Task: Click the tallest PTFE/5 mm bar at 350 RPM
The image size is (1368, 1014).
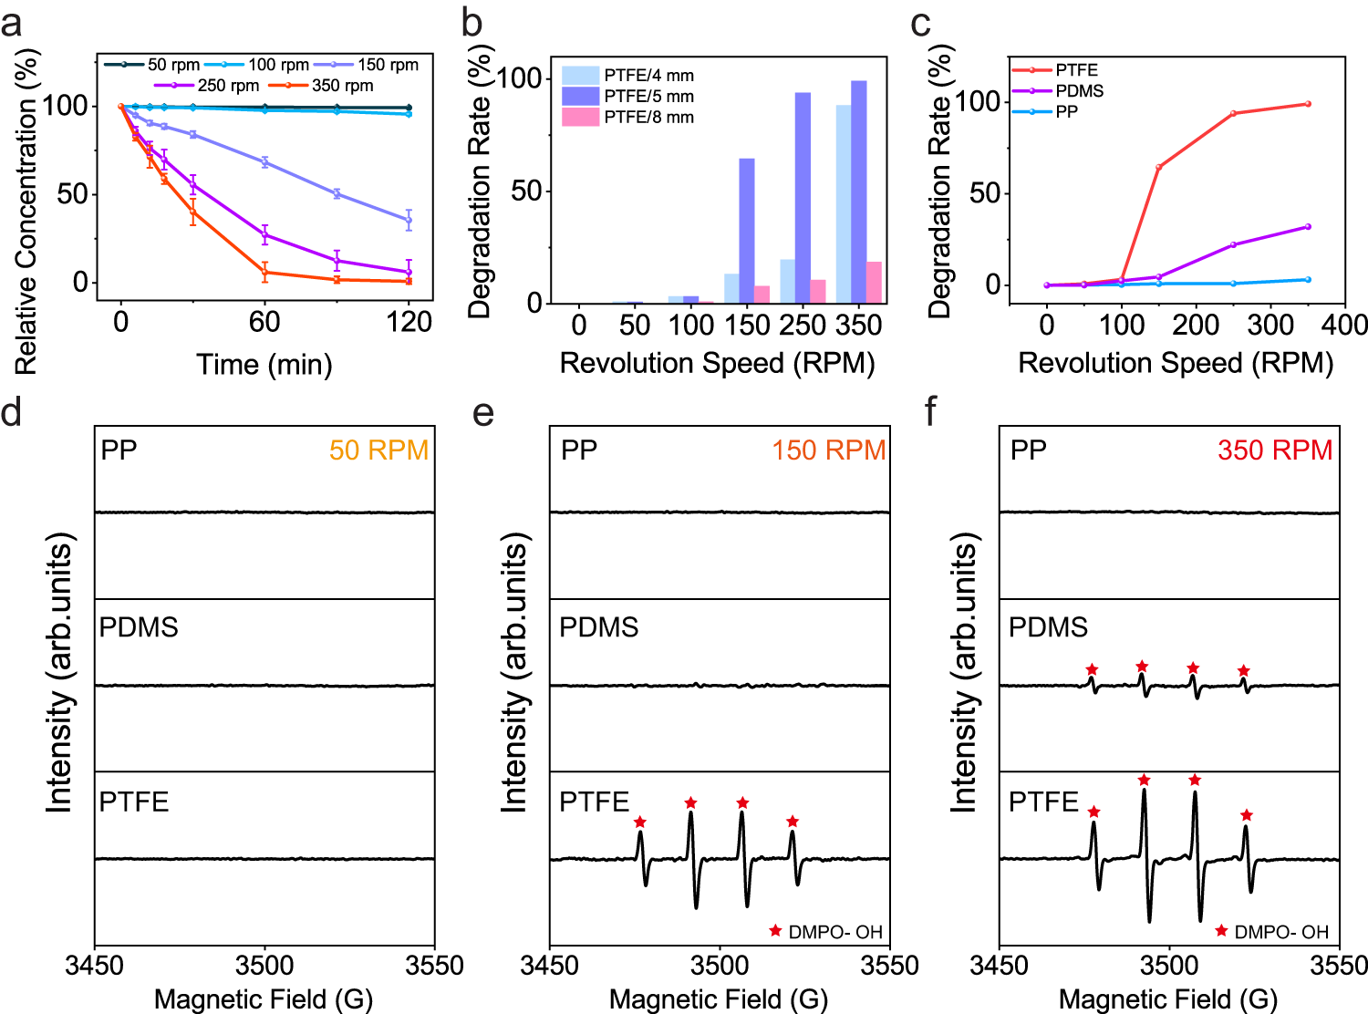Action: [859, 191]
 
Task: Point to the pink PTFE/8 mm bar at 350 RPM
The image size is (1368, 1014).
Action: [874, 282]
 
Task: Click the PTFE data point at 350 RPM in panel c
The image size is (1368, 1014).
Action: [1308, 104]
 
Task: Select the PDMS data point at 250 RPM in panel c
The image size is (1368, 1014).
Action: [1233, 244]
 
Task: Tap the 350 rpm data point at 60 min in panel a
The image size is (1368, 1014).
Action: [264, 272]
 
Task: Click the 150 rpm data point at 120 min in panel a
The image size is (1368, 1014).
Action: [409, 220]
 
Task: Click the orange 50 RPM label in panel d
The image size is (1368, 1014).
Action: [378, 450]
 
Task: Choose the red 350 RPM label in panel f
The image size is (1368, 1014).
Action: [1275, 450]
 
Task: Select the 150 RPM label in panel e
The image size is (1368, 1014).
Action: [828, 450]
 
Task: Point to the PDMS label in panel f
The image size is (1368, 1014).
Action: [1048, 627]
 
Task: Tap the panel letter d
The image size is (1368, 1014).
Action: [12, 412]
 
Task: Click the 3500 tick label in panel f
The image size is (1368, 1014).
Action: [1169, 965]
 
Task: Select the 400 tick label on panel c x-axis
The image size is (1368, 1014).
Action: [1344, 325]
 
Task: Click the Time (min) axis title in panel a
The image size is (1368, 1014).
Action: [264, 365]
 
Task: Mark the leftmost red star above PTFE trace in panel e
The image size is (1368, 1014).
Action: [640, 822]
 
